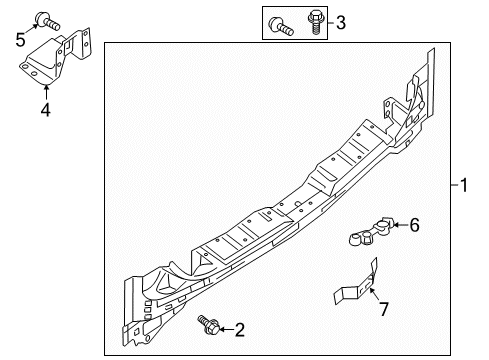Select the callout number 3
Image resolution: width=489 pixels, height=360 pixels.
pyautogui.click(x=341, y=21)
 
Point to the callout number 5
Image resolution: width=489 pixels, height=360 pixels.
pyautogui.click(x=20, y=39)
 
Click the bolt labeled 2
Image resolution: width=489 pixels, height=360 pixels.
pyautogui.click(x=210, y=326)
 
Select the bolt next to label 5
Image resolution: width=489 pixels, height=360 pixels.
pyautogui.click(x=44, y=17)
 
